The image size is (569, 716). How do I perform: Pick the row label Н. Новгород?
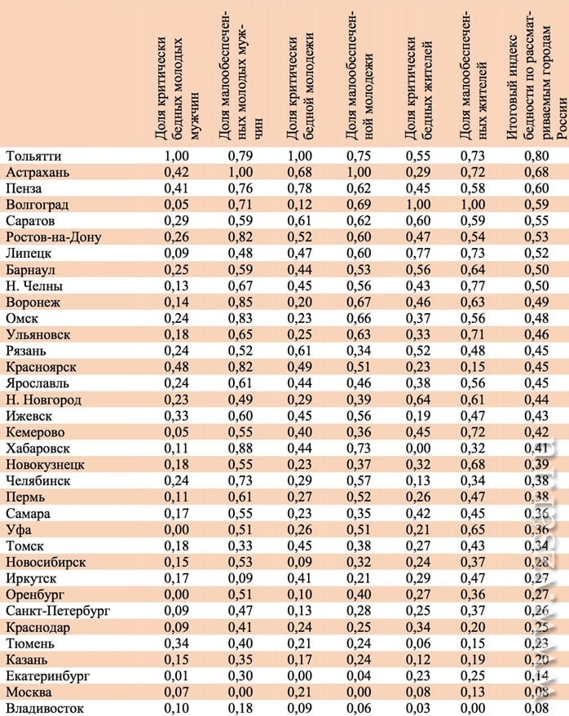coord(43,400)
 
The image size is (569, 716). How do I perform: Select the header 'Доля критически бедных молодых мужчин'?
coord(176,77)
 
